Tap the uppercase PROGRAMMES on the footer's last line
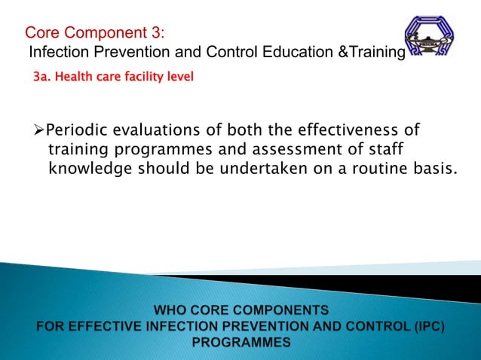pyautogui.click(x=241, y=342)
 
